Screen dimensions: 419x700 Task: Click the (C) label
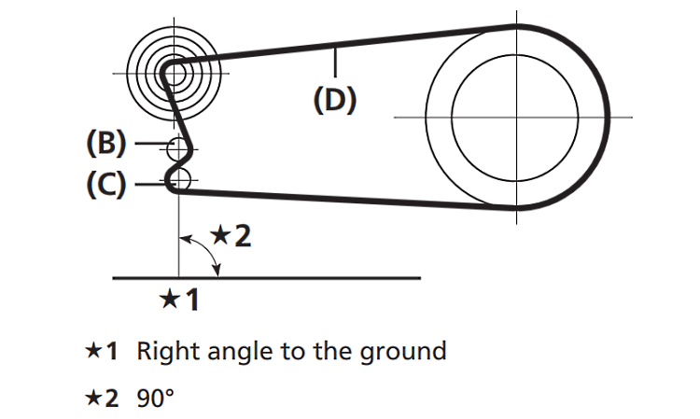click(x=105, y=185)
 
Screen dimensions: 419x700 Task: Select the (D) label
click(x=335, y=100)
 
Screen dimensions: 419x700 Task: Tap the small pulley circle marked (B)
click(x=177, y=147)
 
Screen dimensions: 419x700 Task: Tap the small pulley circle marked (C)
click(x=179, y=180)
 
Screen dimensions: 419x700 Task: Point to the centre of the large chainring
click(x=518, y=117)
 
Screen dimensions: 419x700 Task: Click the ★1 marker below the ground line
click(x=178, y=300)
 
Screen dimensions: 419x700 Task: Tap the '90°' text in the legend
click(x=156, y=398)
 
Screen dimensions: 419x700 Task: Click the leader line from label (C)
click(x=149, y=185)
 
